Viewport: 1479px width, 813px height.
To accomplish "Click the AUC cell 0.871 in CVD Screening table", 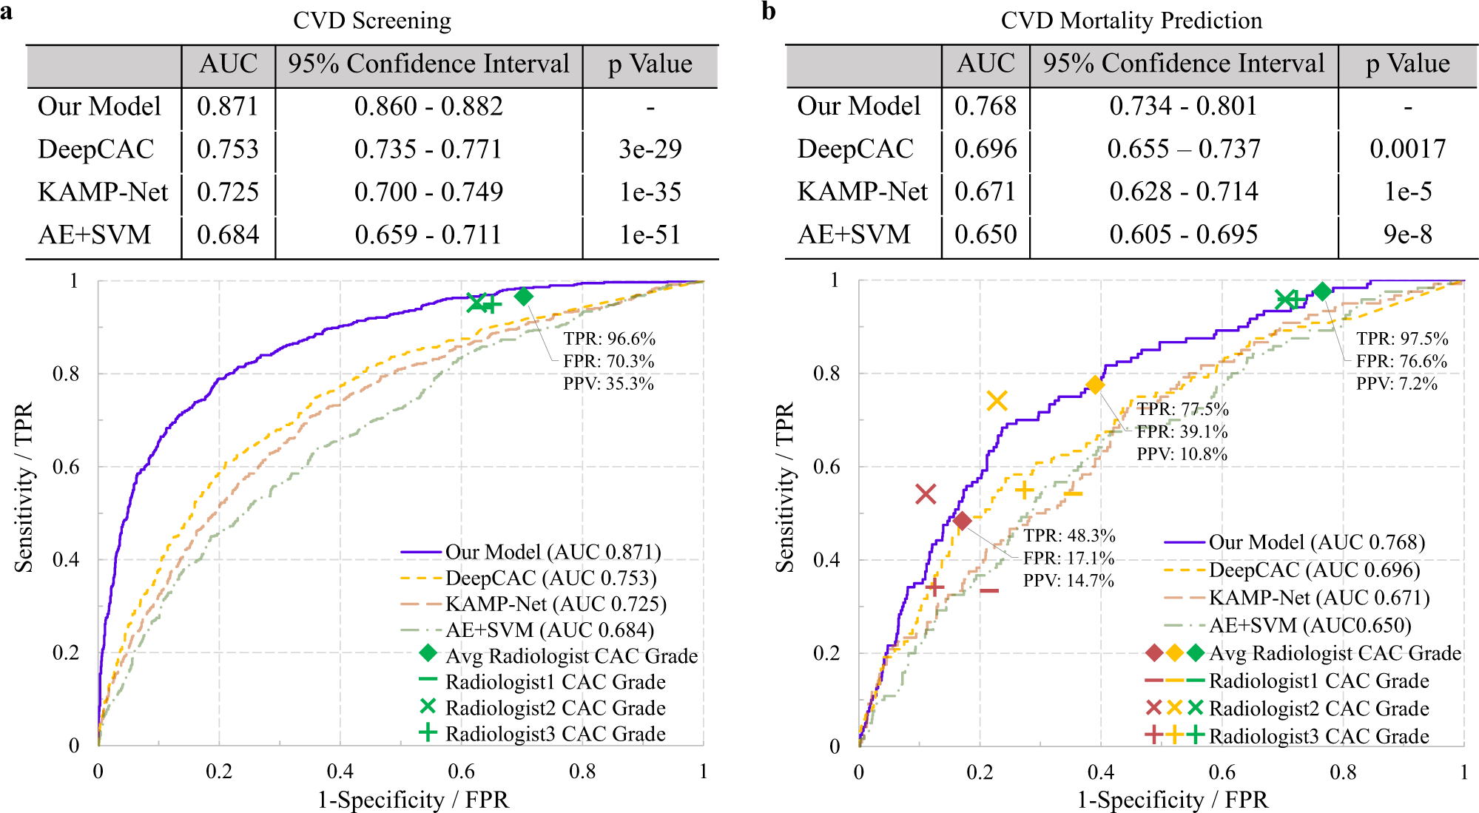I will (228, 107).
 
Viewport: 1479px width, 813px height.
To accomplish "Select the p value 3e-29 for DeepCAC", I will (650, 149).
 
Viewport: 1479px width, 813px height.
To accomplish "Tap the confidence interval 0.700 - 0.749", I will (428, 192).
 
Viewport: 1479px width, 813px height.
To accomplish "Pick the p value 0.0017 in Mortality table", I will (1407, 149).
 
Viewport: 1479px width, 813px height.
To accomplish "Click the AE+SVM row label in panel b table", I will (854, 235).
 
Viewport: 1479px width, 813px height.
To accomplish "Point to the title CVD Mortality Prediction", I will (1131, 21).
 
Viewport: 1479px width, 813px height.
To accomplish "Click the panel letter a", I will (7, 12).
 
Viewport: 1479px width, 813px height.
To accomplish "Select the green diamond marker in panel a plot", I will (524, 297).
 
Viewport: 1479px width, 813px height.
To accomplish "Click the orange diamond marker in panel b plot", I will (1095, 385).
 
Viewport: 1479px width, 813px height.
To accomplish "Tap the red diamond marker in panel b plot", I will (962, 521).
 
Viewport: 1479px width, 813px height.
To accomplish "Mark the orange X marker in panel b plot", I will (997, 401).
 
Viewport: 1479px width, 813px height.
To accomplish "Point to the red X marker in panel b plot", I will (926, 494).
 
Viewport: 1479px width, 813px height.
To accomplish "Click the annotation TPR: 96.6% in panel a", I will (609, 339).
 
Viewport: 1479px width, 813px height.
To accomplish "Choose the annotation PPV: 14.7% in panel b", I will (1068, 581).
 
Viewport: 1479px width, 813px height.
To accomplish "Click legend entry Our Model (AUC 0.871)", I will (553, 552).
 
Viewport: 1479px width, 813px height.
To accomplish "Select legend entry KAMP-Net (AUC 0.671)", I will (1318, 598).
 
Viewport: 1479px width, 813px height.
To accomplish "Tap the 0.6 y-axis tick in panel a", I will (66, 467).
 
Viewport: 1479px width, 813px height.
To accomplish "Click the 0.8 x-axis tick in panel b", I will (1343, 772).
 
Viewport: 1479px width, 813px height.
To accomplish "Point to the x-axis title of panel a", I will (413, 800).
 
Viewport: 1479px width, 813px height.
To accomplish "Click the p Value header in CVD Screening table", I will (650, 64).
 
